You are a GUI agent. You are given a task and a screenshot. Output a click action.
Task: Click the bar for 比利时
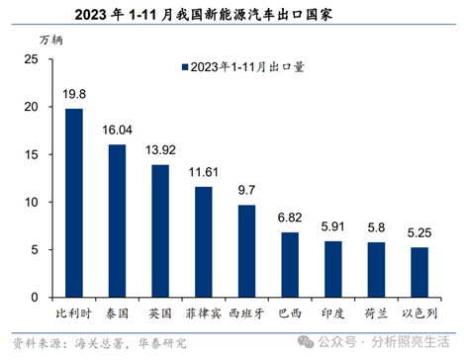(x=73, y=203)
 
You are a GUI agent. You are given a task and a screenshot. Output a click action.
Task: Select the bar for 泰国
(x=116, y=221)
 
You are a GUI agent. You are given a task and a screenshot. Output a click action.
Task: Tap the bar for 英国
(x=159, y=230)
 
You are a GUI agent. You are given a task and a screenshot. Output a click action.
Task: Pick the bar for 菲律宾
(x=203, y=241)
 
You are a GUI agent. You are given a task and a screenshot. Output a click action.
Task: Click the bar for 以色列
(x=419, y=272)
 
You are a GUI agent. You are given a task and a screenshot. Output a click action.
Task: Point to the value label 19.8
(x=73, y=95)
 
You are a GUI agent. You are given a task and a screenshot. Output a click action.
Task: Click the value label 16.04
(x=116, y=131)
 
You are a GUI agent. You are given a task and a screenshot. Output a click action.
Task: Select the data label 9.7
(x=246, y=191)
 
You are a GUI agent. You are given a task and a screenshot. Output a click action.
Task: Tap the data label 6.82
(x=290, y=219)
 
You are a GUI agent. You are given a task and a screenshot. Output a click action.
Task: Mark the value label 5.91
(x=333, y=226)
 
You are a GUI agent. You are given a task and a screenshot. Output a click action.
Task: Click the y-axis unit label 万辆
(x=49, y=39)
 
